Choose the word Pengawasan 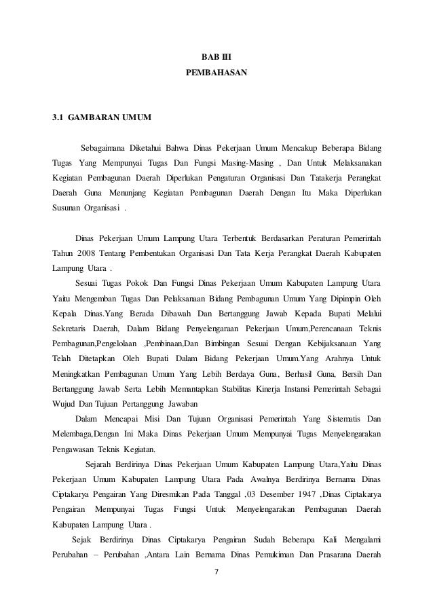click(x=77, y=448)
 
